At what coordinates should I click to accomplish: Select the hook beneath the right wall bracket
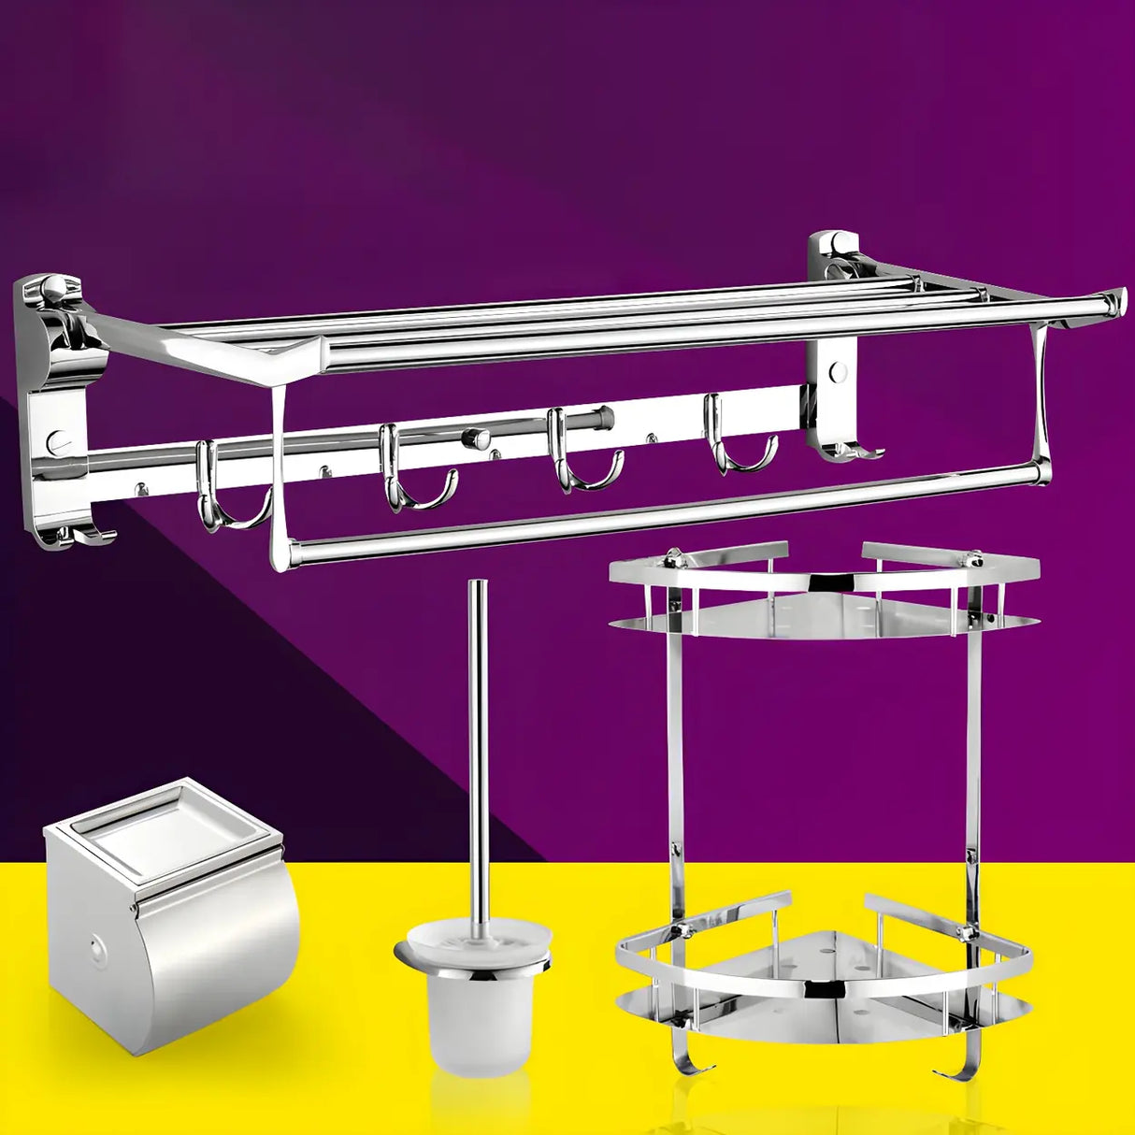pos(851,454)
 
